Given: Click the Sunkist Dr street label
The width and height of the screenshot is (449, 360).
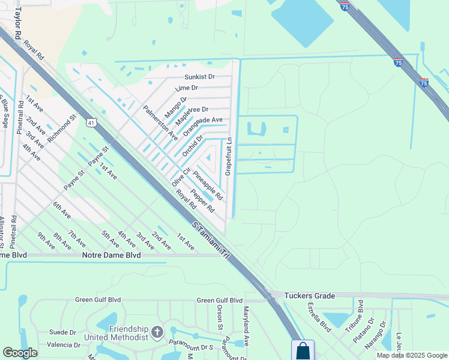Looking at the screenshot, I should [199, 77].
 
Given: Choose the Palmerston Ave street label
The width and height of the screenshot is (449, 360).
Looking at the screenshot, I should [160, 122].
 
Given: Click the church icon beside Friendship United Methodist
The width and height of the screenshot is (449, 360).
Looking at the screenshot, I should [157, 332].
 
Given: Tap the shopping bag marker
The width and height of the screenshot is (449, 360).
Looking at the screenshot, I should [303, 350].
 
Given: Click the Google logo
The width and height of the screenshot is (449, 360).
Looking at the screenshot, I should [20, 353].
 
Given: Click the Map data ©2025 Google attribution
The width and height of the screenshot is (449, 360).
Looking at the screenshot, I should [411, 355].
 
